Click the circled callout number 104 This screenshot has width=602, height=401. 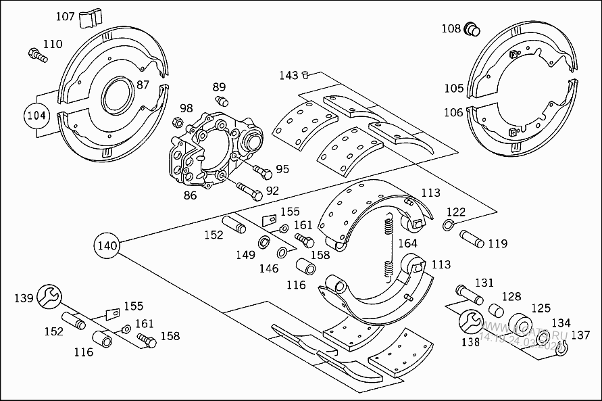click(36, 115)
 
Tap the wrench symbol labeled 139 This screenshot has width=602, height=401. click(50, 296)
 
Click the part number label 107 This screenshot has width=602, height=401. click(66, 16)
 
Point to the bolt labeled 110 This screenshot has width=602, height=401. click(37, 55)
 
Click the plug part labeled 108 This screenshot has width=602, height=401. click(472, 28)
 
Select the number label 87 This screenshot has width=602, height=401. click(143, 85)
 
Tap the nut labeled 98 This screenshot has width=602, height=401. click(178, 123)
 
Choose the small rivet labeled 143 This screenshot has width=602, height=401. click(305, 74)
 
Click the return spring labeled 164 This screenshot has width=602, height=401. click(389, 247)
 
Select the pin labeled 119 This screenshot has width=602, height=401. click(475, 239)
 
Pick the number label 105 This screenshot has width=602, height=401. click(454, 89)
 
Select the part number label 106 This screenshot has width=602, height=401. click(454, 112)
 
